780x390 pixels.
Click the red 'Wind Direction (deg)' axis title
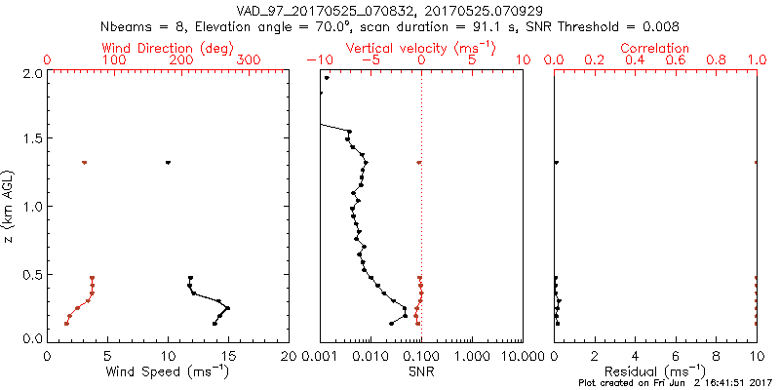[169, 48]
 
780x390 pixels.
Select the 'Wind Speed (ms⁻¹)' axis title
[169, 372]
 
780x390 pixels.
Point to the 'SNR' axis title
[421, 372]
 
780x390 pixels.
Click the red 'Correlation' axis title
[655, 48]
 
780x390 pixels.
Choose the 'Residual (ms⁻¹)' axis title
[655, 372]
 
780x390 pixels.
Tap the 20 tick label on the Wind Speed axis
[289, 357]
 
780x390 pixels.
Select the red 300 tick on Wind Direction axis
[249, 60]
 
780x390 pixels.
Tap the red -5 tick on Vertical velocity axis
[370, 60]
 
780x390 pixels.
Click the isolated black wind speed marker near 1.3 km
[168, 163]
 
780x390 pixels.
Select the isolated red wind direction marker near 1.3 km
[85, 163]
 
